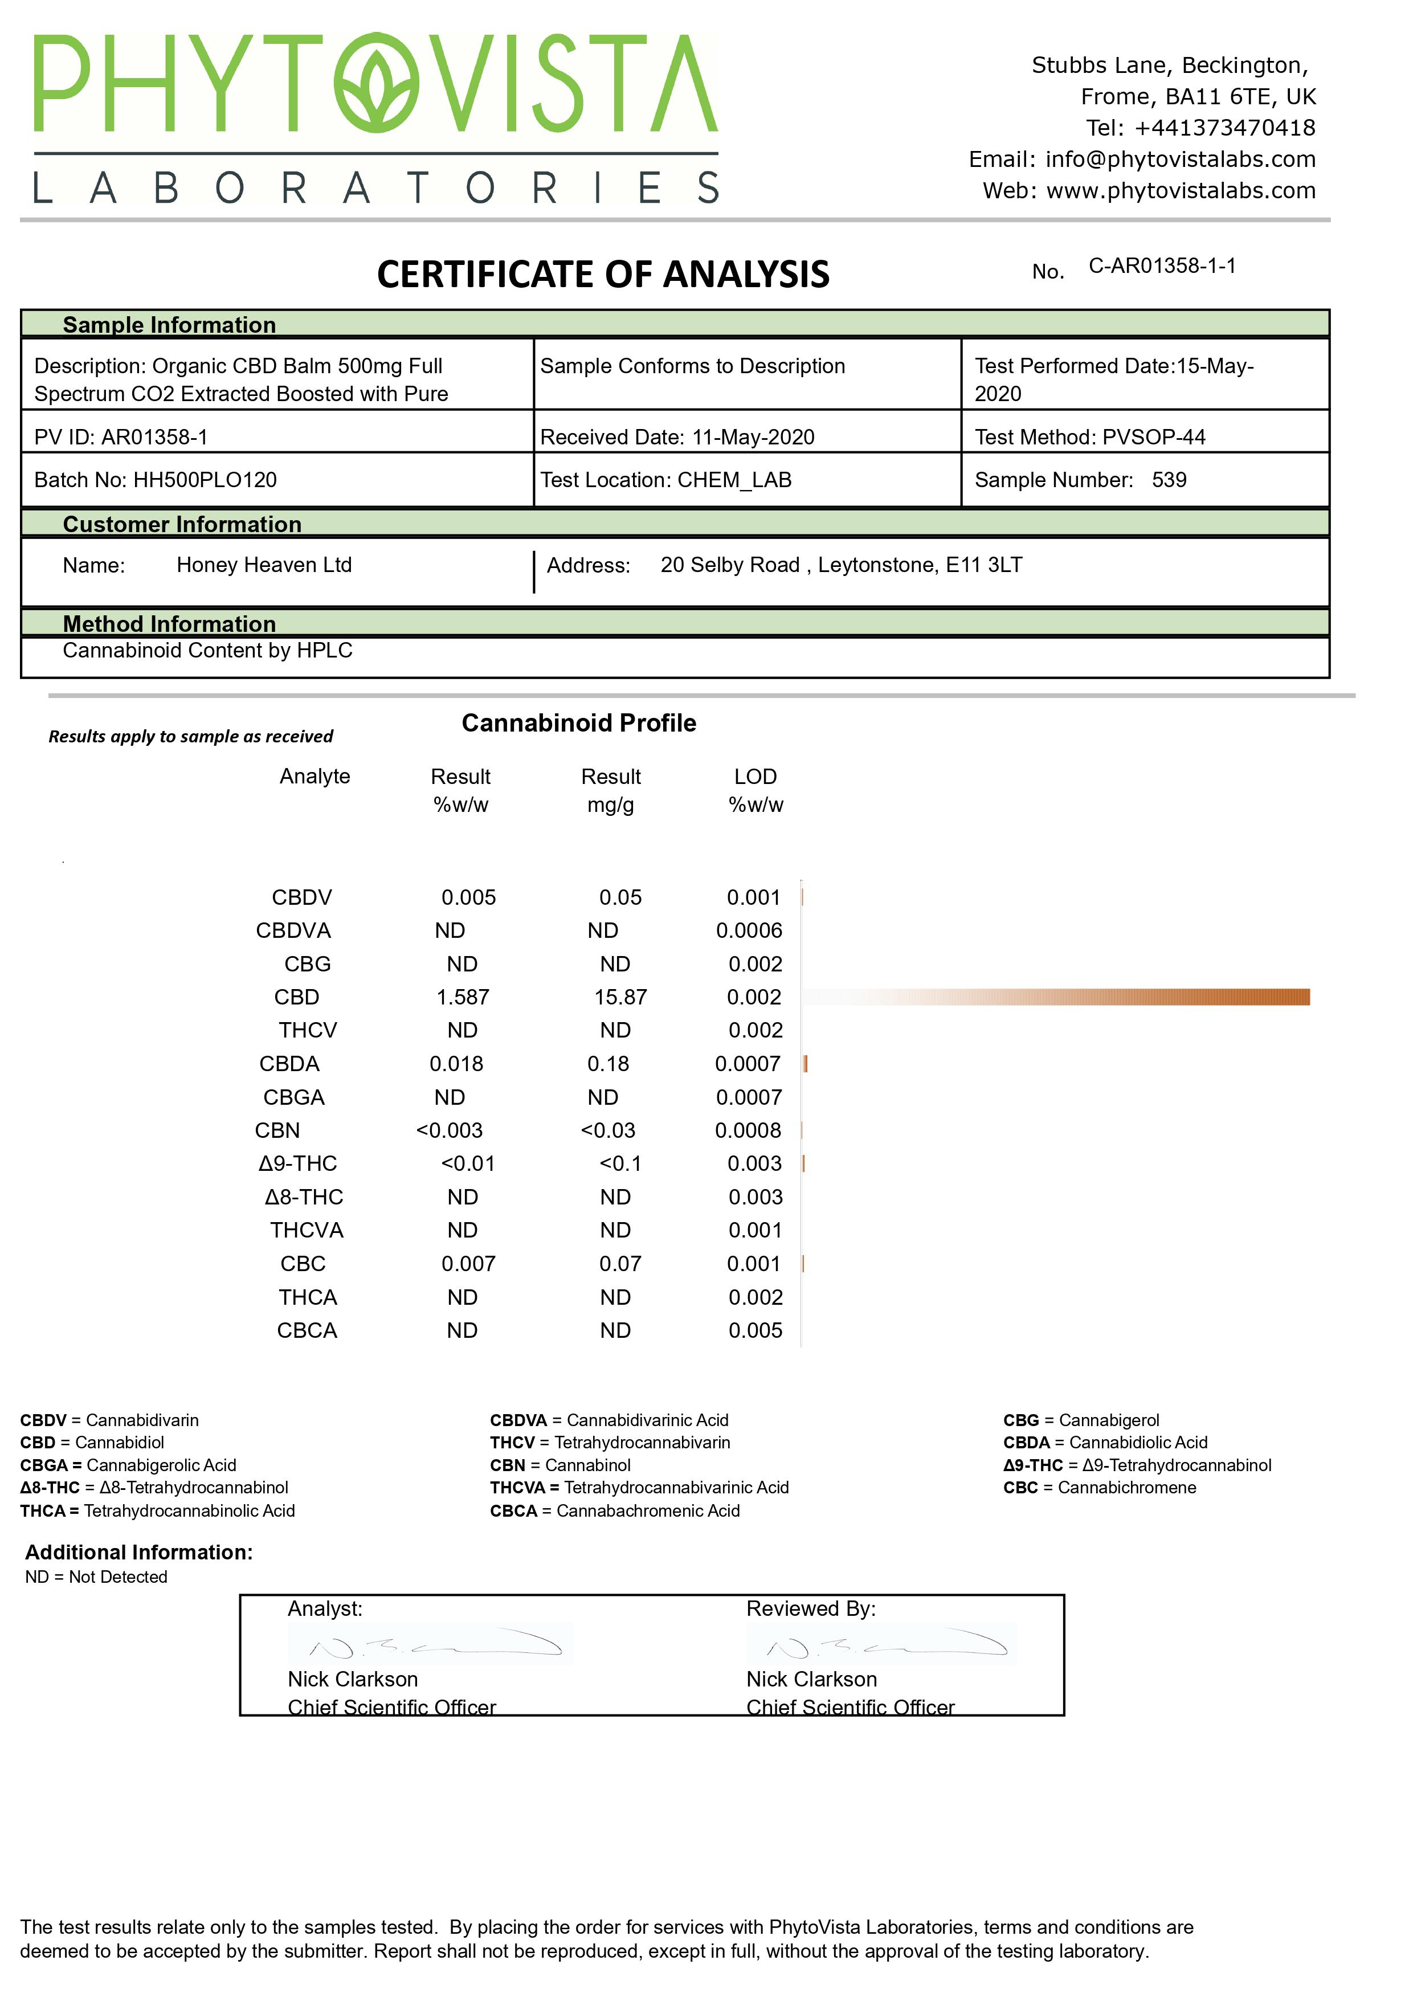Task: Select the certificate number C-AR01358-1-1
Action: (x=1162, y=266)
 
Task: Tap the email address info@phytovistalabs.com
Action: (x=1180, y=159)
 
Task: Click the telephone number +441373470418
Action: (x=1224, y=128)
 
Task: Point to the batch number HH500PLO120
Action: (x=205, y=480)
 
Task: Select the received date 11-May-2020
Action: (x=753, y=437)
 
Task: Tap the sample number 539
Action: (x=1169, y=480)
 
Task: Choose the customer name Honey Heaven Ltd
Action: (x=264, y=566)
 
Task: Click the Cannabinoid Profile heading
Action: (x=579, y=723)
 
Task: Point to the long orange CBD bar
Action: (x=1131, y=997)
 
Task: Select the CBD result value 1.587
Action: (x=462, y=997)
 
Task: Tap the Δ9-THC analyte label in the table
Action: (x=297, y=1164)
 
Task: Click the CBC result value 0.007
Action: (x=468, y=1264)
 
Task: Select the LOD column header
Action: (x=755, y=777)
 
